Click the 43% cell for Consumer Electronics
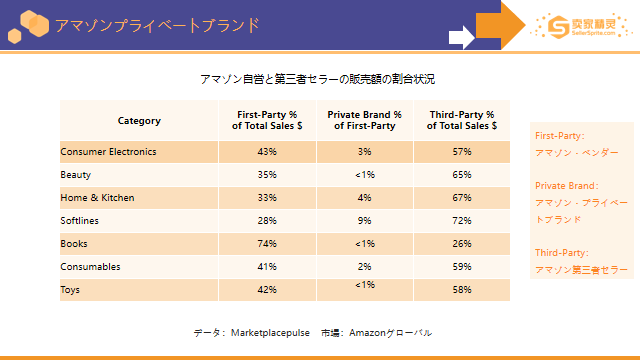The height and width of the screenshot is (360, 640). [267, 152]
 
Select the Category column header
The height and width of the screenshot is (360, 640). [139, 121]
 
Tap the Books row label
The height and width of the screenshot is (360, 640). [74, 244]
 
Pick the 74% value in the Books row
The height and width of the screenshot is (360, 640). [267, 244]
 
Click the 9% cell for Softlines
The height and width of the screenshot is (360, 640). [364, 221]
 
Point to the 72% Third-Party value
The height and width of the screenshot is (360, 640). [462, 221]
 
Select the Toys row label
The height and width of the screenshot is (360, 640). [70, 290]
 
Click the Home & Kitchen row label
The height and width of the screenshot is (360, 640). [98, 198]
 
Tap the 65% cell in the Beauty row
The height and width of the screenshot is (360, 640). [462, 175]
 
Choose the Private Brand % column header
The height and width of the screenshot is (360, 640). [364, 120]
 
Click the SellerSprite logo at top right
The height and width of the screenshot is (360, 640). [581, 27]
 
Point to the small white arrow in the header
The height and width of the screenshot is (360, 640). [462, 37]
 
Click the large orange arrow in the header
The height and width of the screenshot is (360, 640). [501, 25]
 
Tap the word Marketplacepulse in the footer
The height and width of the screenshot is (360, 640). [270, 333]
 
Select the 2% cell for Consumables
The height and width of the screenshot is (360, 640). [364, 267]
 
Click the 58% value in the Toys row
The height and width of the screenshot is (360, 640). [462, 290]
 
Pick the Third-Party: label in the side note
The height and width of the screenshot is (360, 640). [562, 253]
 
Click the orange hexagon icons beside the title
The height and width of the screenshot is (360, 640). [29, 27]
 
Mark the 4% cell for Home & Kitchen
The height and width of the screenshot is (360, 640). [364, 198]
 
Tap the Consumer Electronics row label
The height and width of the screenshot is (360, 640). [108, 152]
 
